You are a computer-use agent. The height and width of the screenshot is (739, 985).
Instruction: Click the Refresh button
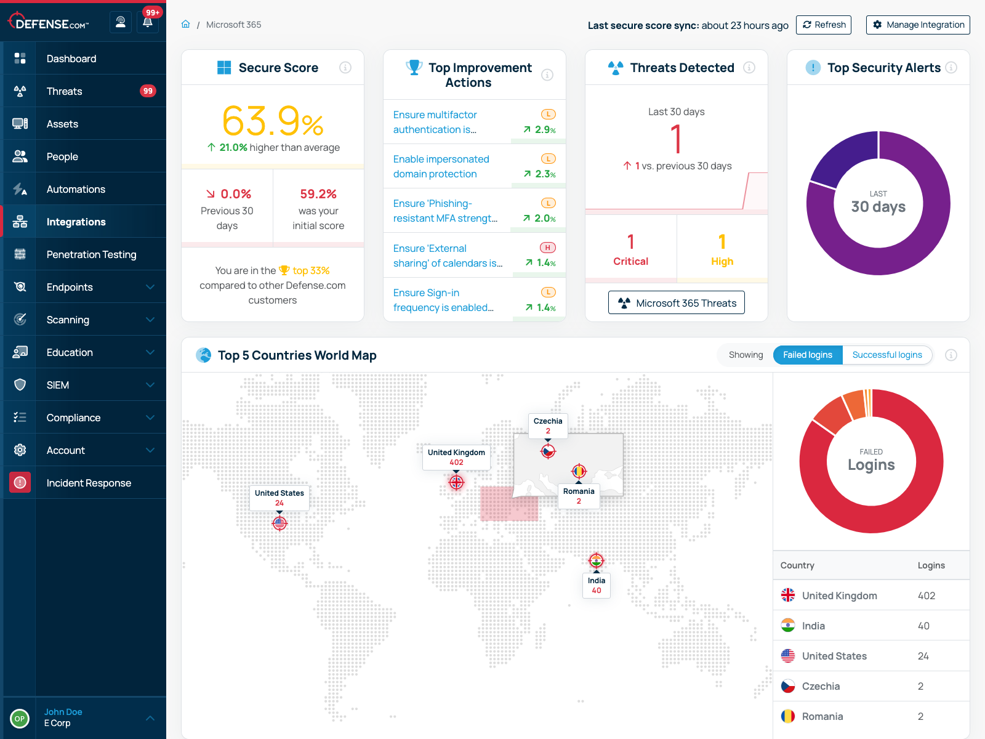click(x=823, y=25)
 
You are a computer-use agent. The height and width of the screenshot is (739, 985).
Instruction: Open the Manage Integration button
click(x=917, y=25)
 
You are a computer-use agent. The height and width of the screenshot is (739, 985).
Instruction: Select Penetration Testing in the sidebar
click(x=91, y=254)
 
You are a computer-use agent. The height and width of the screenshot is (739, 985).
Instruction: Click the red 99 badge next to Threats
click(x=148, y=91)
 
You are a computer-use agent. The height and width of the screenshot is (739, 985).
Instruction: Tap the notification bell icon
click(x=148, y=23)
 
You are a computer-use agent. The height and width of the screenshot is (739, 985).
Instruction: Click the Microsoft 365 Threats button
click(x=676, y=302)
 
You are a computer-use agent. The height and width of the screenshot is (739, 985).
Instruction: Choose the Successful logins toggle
click(x=886, y=355)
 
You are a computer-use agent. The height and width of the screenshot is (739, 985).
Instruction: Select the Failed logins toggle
click(x=807, y=355)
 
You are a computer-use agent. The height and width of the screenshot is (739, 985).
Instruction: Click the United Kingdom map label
click(x=456, y=457)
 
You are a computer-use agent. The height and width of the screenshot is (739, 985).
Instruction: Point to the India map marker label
click(x=596, y=585)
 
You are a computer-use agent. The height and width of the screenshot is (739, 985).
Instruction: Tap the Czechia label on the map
click(x=548, y=426)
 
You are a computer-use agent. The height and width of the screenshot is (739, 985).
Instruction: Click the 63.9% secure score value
click(x=272, y=121)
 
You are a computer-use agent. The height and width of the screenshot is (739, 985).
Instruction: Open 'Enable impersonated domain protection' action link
click(x=441, y=166)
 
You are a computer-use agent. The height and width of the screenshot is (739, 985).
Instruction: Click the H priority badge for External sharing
click(x=547, y=248)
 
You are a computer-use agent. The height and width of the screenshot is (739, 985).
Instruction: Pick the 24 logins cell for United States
click(x=923, y=656)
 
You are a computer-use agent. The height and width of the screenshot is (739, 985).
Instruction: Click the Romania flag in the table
click(x=788, y=716)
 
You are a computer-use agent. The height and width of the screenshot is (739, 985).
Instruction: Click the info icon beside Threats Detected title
click(x=749, y=68)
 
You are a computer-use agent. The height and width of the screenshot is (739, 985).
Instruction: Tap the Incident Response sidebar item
click(x=89, y=483)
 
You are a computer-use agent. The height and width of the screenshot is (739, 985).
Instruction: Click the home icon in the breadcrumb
click(x=186, y=25)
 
